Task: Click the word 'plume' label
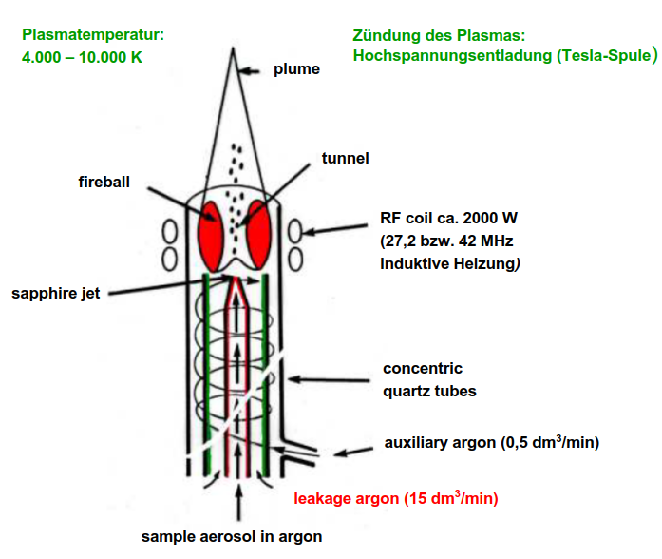[x=296, y=68]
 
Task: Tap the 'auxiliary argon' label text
[x=440, y=443]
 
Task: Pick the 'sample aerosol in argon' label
[x=231, y=536]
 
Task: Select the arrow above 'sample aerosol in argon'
[x=235, y=499]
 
